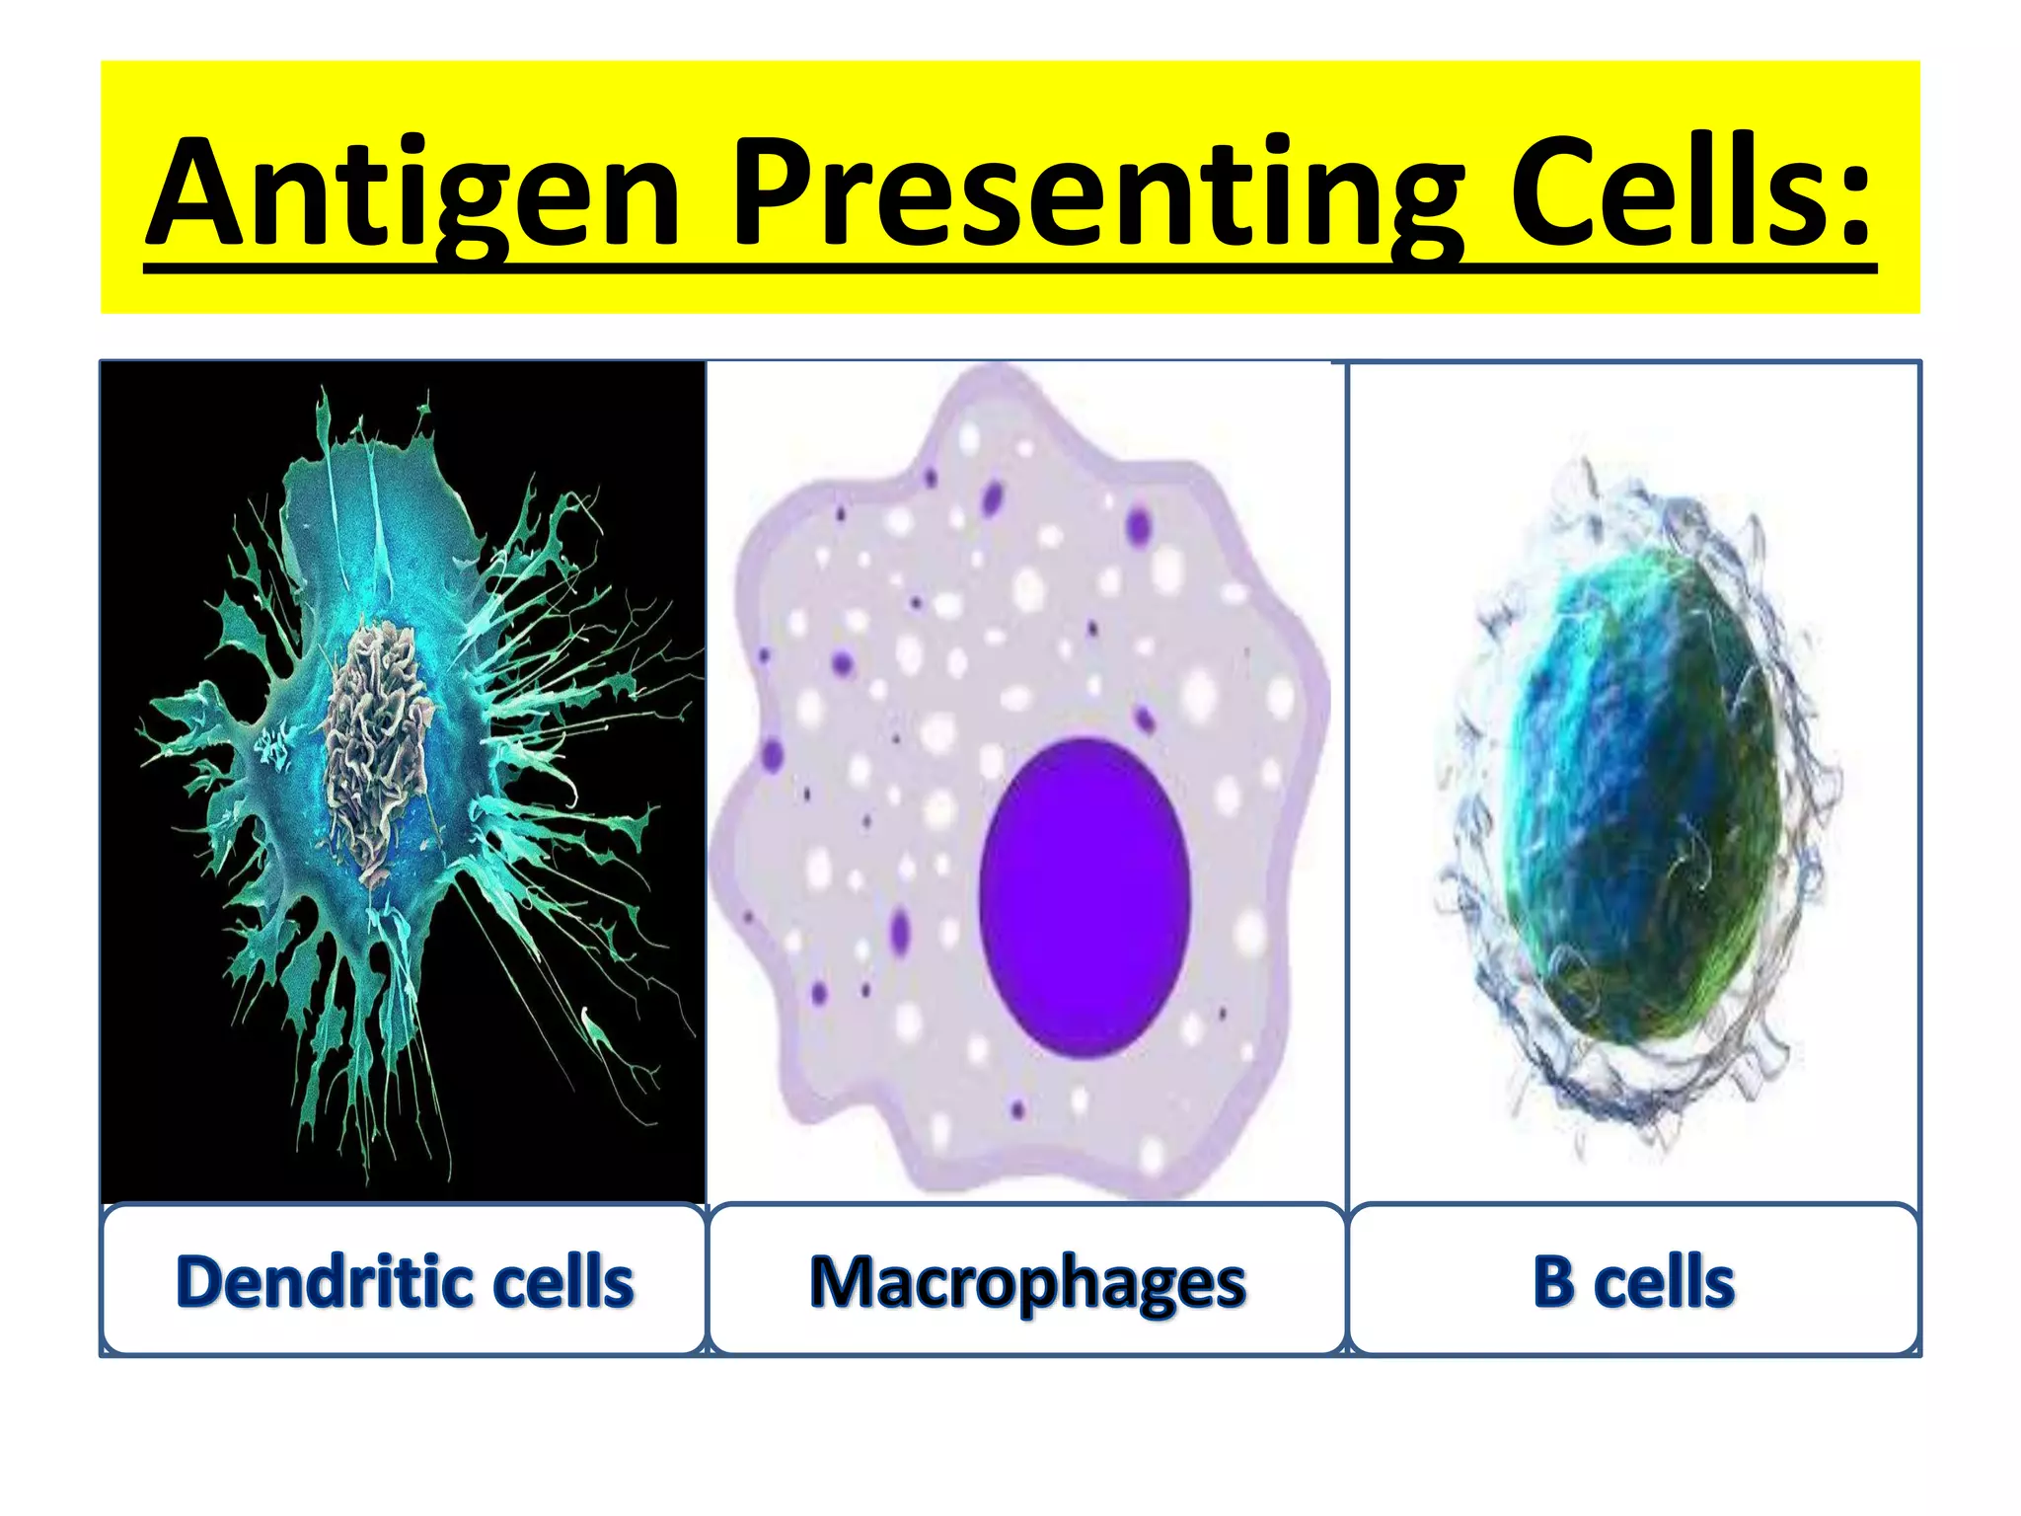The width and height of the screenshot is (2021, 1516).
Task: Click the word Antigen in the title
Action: (x=414, y=192)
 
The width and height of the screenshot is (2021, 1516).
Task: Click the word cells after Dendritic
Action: (x=562, y=1282)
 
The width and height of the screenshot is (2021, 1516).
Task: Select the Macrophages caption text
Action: (x=1027, y=1283)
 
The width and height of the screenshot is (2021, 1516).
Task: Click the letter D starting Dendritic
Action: (x=202, y=1282)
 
